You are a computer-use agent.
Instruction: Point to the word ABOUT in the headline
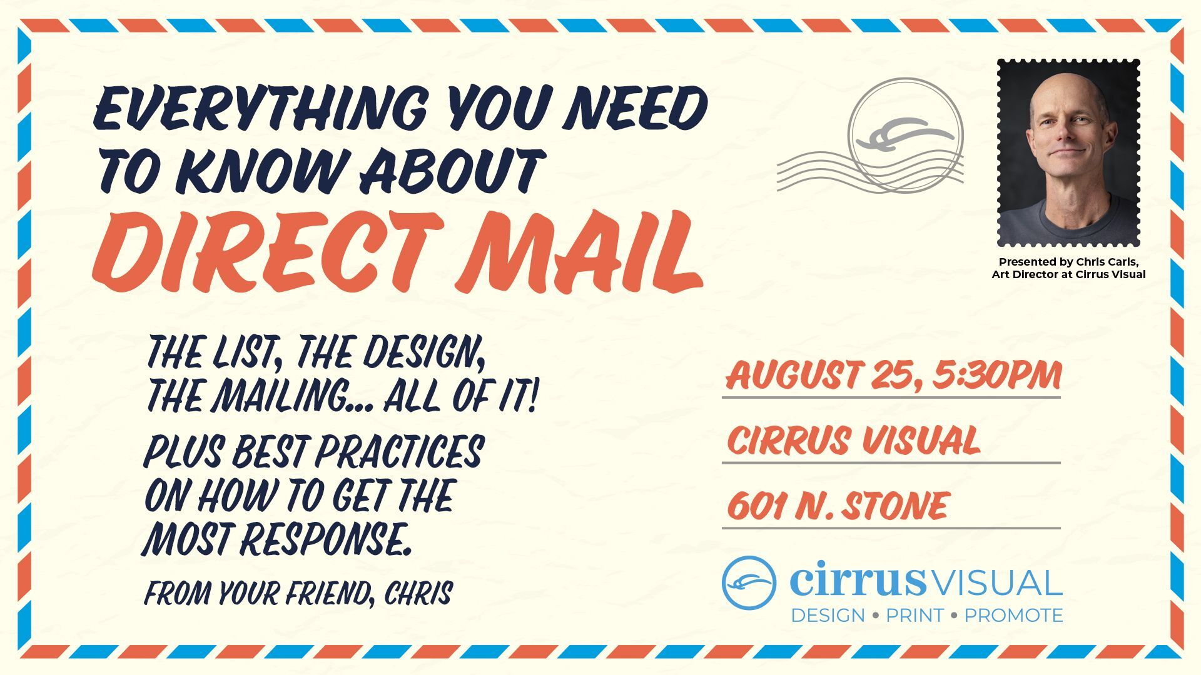pyautogui.click(x=449, y=170)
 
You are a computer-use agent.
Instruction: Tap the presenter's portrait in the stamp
pyautogui.click(x=1068, y=153)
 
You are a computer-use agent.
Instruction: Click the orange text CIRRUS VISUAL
pyautogui.click(x=853, y=440)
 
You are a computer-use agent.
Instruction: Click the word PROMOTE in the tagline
pyautogui.click(x=1013, y=616)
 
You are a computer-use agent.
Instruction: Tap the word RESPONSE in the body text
pyautogui.click(x=326, y=539)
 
